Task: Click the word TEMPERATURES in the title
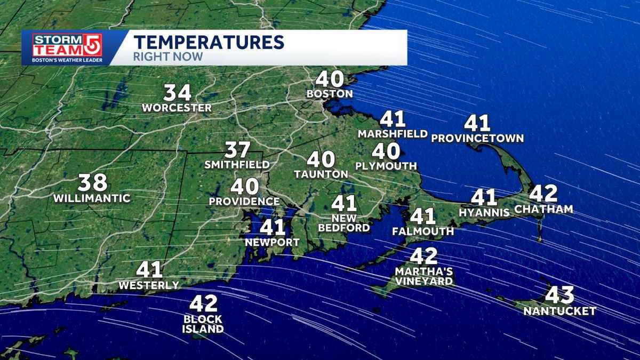[209, 42]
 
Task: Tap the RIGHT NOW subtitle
[168, 57]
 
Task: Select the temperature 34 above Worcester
[177, 93]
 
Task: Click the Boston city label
[330, 94]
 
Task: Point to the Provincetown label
[477, 139]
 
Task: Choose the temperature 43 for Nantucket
[559, 295]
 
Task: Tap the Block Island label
[203, 324]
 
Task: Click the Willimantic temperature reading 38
[92, 183]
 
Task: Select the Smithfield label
[237, 165]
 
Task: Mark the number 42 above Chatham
[543, 193]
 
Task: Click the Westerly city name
[149, 285]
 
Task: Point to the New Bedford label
[344, 223]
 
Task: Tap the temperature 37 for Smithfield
[237, 150]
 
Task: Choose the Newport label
[273, 242]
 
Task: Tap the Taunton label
[321, 174]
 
